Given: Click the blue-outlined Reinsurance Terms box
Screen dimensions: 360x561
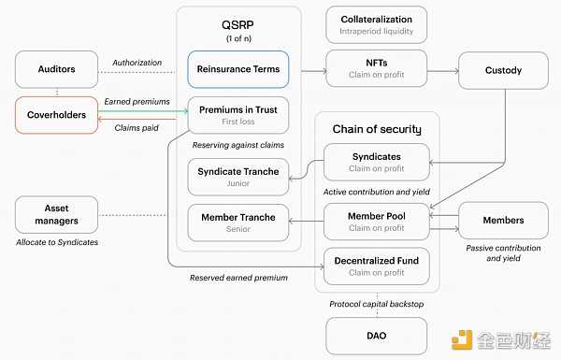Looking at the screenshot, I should [238, 69].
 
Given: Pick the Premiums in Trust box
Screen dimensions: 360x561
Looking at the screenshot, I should [238, 114].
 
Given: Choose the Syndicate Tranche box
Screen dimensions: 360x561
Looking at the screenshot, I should [238, 176].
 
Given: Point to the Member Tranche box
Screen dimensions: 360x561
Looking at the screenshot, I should [238, 222].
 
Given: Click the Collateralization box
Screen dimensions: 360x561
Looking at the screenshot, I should [376, 24].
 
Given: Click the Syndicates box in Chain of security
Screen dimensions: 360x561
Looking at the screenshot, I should [376, 161].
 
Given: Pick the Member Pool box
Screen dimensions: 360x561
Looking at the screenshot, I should [376, 222].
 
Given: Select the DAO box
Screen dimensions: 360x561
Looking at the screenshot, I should [376, 335].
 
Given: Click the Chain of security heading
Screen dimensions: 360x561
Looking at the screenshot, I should [376, 128].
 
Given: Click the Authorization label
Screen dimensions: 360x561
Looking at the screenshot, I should [137, 63].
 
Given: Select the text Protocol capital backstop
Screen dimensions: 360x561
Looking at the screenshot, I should [376, 303].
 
